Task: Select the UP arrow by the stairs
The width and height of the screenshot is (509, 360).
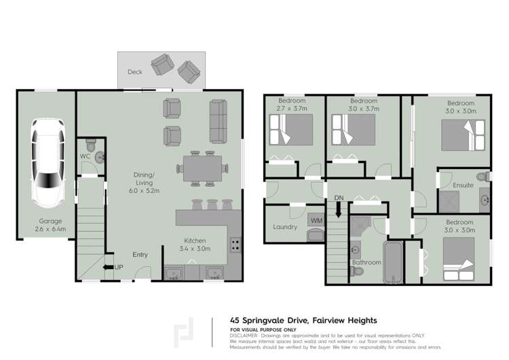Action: [109, 267]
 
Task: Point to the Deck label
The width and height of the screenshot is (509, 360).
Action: [134, 71]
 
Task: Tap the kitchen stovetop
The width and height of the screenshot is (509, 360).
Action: [235, 245]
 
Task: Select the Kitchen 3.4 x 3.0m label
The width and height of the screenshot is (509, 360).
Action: [195, 245]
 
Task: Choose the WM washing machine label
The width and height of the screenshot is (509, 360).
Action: [316, 221]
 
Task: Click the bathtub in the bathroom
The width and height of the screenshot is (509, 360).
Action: [393, 263]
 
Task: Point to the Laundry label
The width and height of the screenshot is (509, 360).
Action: [285, 227]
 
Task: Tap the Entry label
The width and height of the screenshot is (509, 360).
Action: [140, 255]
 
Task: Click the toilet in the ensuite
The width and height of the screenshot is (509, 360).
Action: [483, 177]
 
